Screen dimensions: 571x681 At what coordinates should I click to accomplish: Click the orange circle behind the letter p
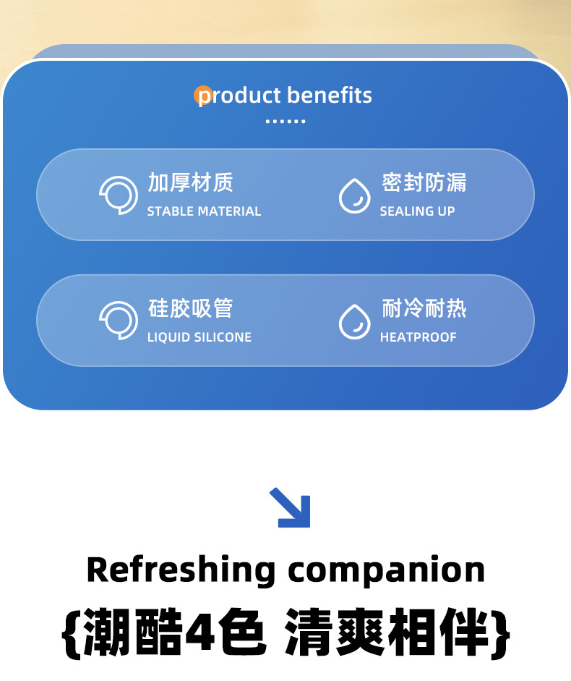[203, 96]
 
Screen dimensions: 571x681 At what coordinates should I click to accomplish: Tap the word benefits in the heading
[330, 95]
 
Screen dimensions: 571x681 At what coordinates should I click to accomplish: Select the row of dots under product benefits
[285, 122]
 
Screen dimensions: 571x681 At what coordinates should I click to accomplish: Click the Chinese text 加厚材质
[191, 182]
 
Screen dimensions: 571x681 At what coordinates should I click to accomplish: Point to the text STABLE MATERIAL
[204, 211]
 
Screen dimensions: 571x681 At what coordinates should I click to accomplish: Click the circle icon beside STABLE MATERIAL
[119, 195]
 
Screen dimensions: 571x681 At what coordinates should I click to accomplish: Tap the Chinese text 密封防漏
[424, 182]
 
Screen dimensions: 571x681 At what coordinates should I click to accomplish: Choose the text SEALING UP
[417, 211]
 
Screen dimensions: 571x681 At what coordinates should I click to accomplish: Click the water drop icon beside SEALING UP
[355, 195]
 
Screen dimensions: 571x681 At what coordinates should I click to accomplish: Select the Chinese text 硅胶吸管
[191, 308]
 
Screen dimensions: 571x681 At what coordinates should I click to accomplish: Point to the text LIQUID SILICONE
[199, 337]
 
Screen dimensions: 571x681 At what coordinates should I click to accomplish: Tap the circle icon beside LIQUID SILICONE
[119, 321]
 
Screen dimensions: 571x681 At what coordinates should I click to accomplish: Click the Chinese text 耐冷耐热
[424, 308]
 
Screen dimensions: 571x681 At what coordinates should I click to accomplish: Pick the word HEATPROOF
[418, 337]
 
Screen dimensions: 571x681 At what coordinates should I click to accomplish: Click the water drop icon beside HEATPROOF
[355, 321]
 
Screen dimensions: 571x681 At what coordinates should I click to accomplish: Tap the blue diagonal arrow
[291, 507]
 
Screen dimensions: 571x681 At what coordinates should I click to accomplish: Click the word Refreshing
[181, 570]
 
